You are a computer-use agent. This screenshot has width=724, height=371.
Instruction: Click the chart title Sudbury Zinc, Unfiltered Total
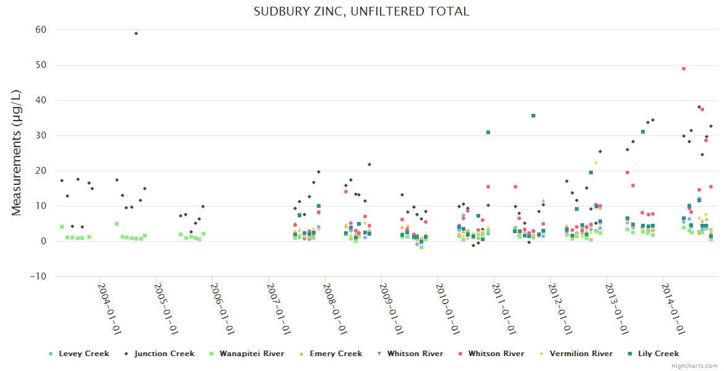[x=361, y=11]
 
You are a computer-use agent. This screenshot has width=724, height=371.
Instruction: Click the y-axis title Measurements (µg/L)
[x=17, y=152]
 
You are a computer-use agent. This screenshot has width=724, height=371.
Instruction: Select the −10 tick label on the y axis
[x=39, y=276]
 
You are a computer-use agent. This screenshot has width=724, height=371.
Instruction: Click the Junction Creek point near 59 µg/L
[x=136, y=33]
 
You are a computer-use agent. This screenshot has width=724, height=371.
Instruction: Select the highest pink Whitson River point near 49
[x=684, y=69]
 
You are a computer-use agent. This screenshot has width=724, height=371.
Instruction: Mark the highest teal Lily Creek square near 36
[x=533, y=116]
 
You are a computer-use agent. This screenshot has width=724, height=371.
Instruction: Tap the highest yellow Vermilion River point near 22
[x=596, y=163]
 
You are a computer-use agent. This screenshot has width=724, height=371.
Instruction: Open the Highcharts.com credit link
[x=694, y=366]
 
